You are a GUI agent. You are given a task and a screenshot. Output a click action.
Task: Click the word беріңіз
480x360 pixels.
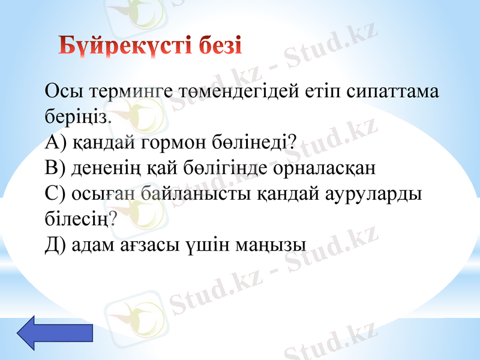(x=77, y=117)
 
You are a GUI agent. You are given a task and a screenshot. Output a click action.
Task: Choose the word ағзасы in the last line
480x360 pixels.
(x=153, y=244)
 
